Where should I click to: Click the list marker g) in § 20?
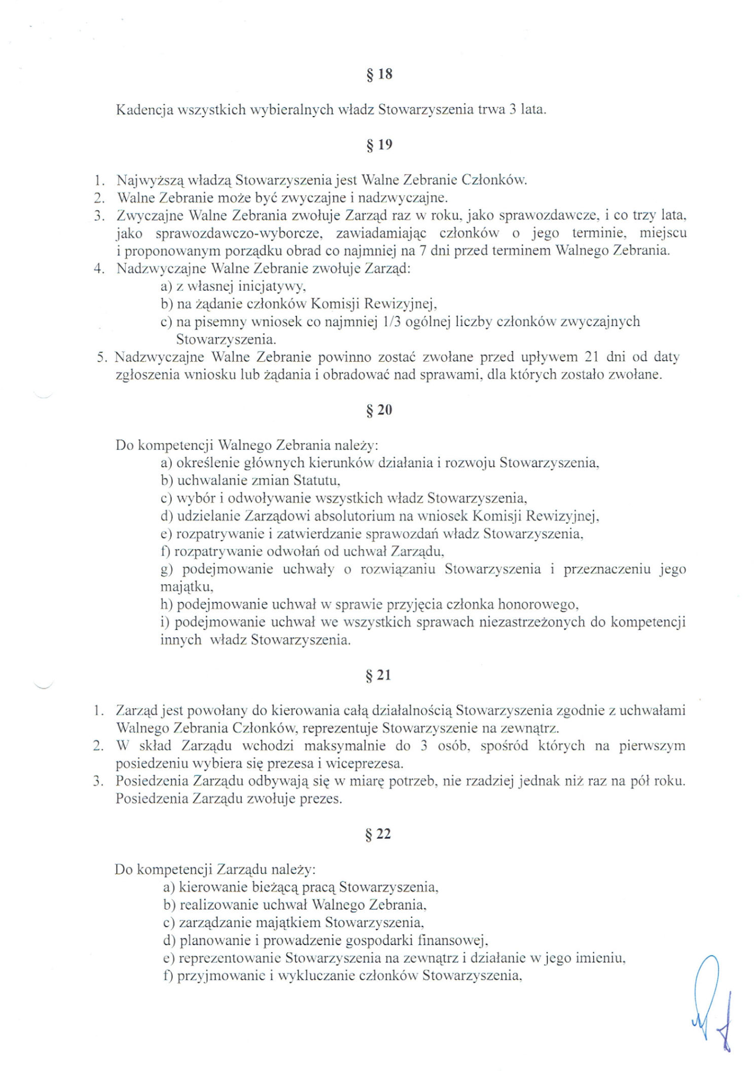[x=167, y=570]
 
